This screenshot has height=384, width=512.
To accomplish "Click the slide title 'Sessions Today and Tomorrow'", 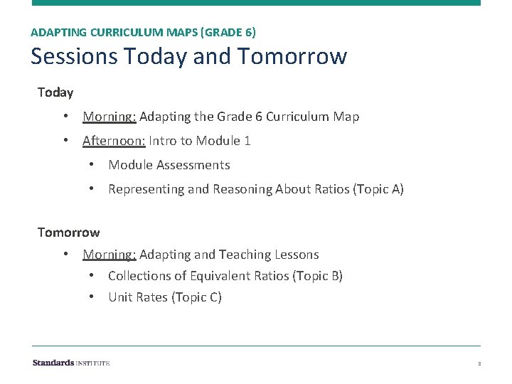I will pyautogui.click(x=188, y=55).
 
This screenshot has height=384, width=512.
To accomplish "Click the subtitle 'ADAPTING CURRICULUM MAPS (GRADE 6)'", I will pyautogui.click(x=144, y=32).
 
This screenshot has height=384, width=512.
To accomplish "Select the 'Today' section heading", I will pyautogui.click(x=55, y=92).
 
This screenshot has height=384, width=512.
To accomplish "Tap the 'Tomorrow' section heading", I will pyautogui.click(x=68, y=232).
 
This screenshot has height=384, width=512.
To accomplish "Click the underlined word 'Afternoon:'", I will pyautogui.click(x=114, y=141).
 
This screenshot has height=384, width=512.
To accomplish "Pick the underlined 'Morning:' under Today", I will pyautogui.click(x=109, y=116).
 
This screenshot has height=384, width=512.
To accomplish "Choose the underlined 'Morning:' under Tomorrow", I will pyautogui.click(x=109, y=254).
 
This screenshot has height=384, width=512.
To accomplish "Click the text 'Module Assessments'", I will pyautogui.click(x=169, y=165).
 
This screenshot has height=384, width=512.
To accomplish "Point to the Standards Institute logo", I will pyautogui.click(x=70, y=363).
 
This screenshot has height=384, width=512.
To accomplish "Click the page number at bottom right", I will pyautogui.click(x=479, y=363).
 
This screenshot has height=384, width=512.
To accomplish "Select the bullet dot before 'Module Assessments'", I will pyautogui.click(x=92, y=165).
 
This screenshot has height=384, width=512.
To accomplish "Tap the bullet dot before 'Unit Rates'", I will pyautogui.click(x=92, y=297).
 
